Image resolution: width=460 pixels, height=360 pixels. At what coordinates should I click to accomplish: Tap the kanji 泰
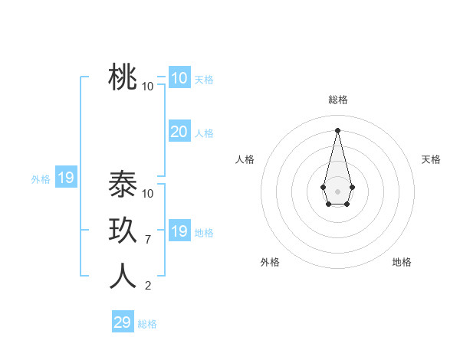[123, 185]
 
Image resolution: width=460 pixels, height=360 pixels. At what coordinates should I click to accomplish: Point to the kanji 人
[123, 277]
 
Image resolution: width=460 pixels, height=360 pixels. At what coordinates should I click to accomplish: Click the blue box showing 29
[122, 322]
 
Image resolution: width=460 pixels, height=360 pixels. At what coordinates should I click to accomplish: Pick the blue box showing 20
[179, 132]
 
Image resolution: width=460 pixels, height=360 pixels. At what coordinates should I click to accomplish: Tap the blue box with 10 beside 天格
[179, 78]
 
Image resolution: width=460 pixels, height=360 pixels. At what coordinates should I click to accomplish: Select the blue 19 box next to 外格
[65, 178]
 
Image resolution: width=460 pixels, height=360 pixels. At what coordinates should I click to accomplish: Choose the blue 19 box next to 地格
[179, 231]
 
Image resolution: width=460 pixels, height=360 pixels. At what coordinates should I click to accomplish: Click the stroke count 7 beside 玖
[148, 240]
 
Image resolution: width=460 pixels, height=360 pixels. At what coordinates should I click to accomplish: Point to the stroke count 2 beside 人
[148, 286]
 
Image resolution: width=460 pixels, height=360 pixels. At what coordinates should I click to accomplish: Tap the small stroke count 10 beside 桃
[148, 86]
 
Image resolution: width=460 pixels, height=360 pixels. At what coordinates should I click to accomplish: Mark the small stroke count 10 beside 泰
[148, 194]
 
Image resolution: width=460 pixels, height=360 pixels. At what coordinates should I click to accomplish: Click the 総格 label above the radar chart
[337, 100]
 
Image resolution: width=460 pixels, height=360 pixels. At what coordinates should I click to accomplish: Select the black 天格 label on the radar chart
[431, 159]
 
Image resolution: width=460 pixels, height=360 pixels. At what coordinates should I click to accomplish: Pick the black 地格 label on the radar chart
[402, 262]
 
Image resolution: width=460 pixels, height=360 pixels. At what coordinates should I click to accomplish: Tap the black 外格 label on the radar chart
[270, 262]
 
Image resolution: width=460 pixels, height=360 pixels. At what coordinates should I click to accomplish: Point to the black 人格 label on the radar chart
[245, 159]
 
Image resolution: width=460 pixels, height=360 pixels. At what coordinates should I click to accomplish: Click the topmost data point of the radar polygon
[337, 129]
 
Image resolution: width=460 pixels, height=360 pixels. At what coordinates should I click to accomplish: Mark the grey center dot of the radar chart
[337, 191]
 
